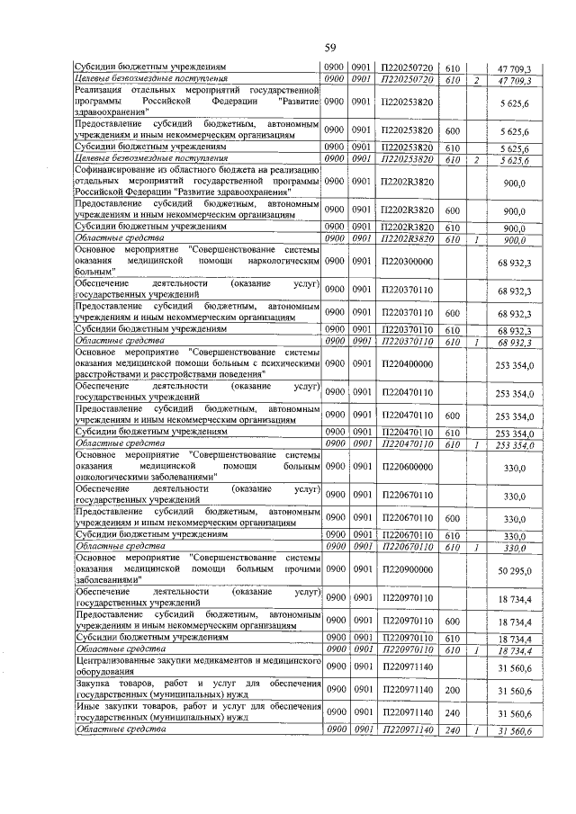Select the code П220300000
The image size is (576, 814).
[x=407, y=261]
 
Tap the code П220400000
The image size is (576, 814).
[x=407, y=364]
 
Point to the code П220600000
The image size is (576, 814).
[x=407, y=468]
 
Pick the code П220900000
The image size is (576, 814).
[x=407, y=571]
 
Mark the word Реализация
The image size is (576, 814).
[x=103, y=90]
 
